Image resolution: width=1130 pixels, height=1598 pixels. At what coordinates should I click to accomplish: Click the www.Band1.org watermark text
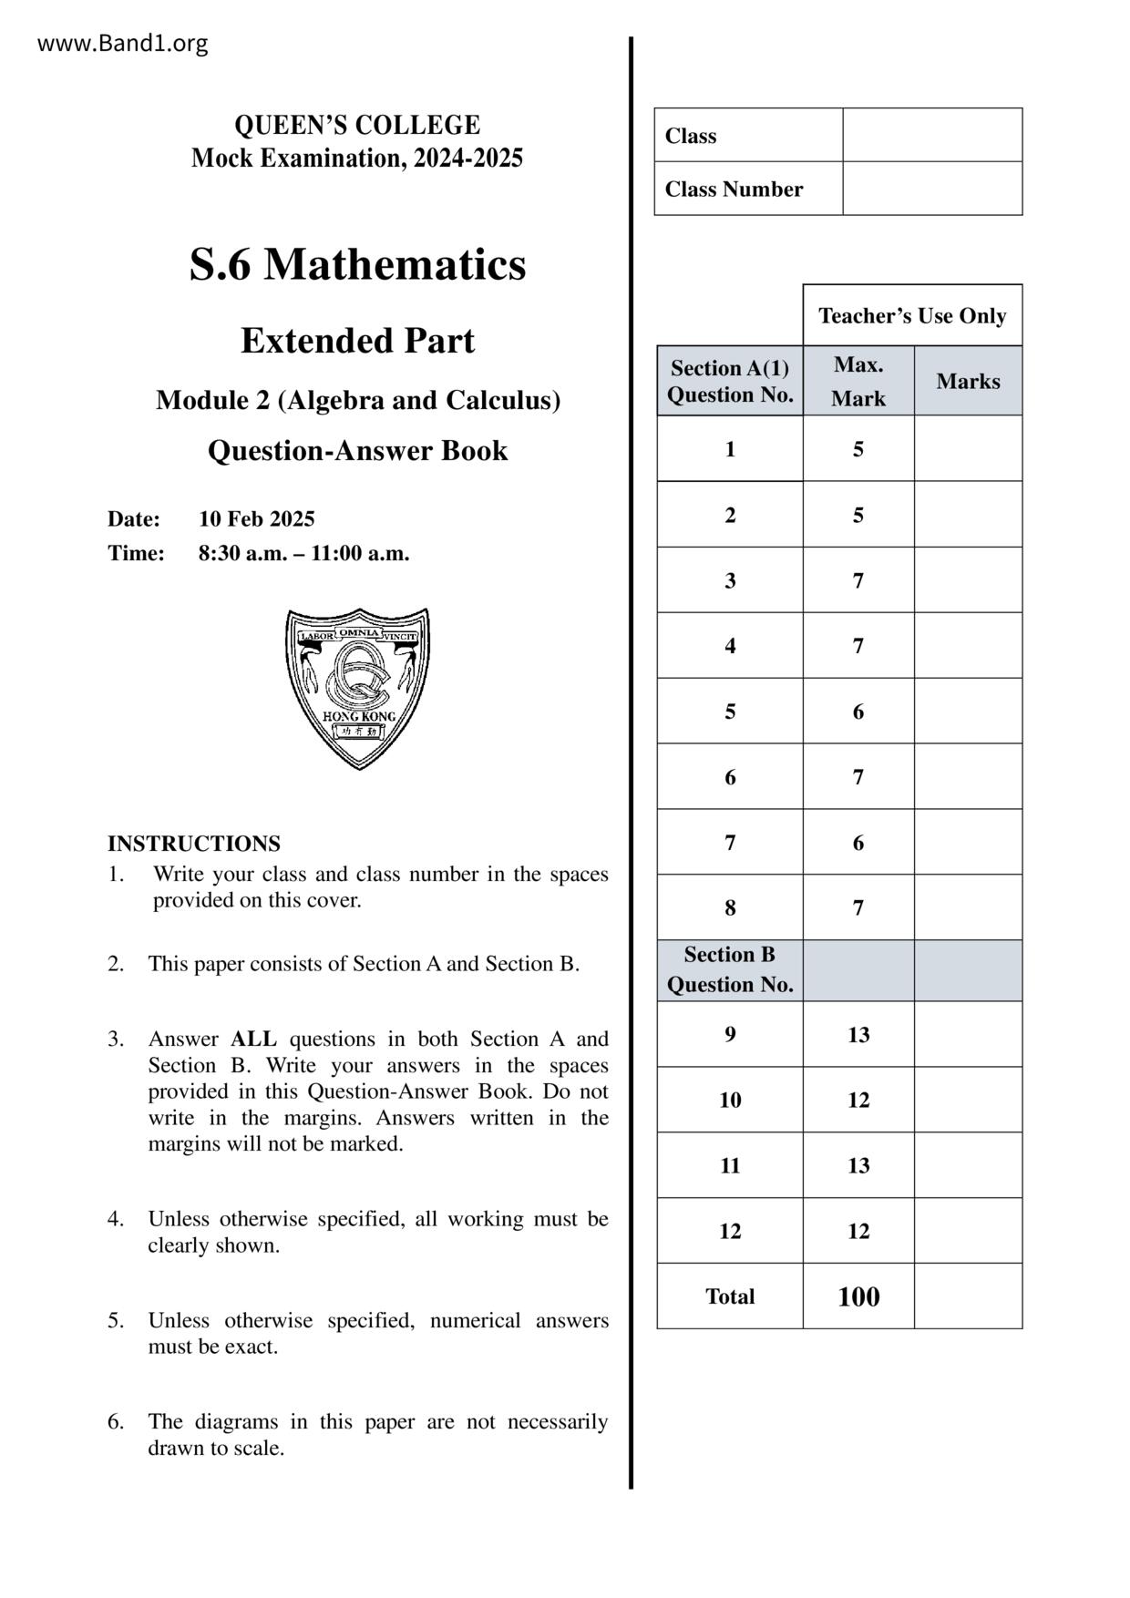tap(122, 44)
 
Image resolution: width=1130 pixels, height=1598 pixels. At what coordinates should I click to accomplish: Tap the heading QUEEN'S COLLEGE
tap(357, 125)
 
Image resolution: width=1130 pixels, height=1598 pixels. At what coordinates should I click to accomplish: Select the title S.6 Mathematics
tap(357, 264)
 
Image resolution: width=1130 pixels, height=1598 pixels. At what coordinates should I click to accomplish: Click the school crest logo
tap(357, 688)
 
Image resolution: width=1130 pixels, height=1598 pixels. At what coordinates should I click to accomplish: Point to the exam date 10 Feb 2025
tap(257, 519)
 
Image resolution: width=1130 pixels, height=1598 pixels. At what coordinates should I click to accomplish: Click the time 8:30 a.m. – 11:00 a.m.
tap(303, 553)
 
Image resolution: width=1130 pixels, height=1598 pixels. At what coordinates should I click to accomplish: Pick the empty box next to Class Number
tap(931, 189)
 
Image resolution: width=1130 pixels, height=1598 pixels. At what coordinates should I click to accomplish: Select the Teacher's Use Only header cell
tap(912, 316)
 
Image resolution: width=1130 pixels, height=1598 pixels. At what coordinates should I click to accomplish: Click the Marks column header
tap(968, 382)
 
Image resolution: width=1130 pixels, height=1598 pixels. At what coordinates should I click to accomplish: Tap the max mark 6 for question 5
tap(858, 712)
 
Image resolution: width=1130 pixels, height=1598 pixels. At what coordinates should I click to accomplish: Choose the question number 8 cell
tap(730, 907)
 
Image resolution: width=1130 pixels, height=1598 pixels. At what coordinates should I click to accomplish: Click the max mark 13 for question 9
tap(858, 1035)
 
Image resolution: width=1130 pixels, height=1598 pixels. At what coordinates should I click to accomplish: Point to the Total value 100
tap(858, 1296)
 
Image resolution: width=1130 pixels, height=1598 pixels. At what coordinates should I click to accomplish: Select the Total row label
tap(730, 1296)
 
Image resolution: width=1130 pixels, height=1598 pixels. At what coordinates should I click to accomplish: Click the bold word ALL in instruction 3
tap(253, 1040)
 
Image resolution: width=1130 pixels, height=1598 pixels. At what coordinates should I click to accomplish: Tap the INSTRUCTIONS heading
tap(194, 844)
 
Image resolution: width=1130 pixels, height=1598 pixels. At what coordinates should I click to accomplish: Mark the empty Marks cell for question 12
tap(968, 1231)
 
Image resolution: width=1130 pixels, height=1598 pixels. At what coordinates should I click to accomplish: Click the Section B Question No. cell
tap(730, 970)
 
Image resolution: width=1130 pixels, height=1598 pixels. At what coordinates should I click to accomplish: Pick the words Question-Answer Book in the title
tap(357, 451)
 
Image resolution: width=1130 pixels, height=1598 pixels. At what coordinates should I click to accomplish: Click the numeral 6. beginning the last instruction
tap(116, 1422)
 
